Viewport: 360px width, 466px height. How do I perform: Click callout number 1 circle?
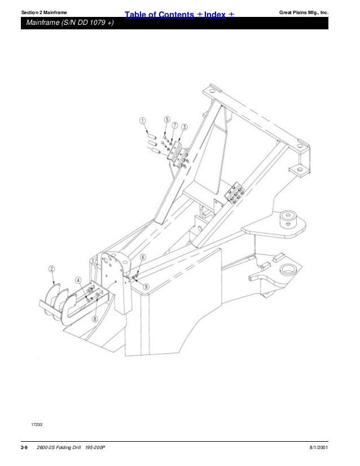143,120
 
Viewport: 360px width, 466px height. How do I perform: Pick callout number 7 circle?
175,124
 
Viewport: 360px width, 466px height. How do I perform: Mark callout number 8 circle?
95,318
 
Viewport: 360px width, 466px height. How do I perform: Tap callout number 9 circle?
146,286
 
